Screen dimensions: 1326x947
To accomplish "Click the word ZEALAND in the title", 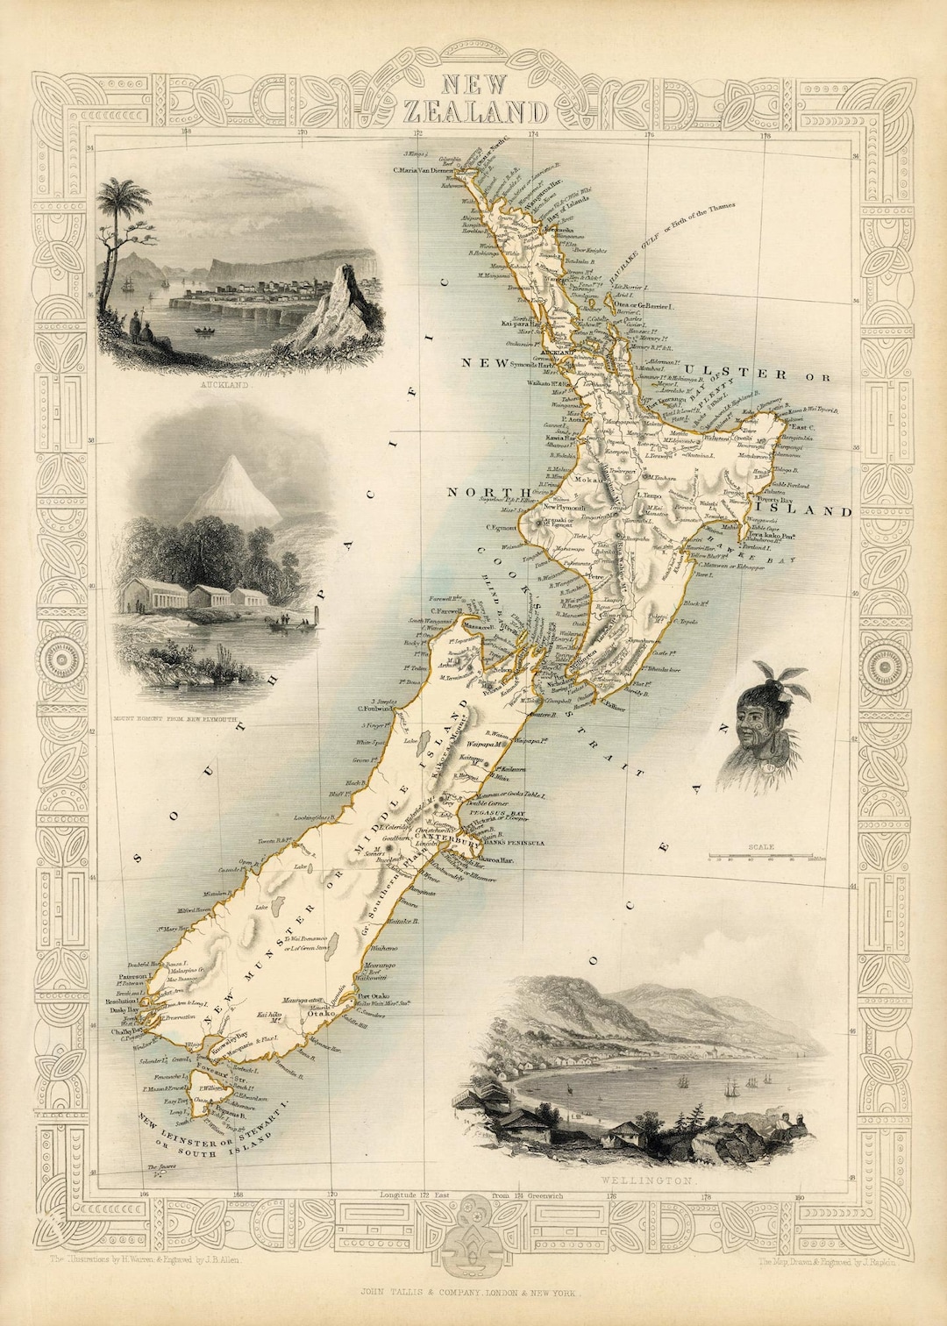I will [x=475, y=111].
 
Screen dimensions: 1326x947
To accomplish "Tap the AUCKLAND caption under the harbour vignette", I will [x=224, y=385].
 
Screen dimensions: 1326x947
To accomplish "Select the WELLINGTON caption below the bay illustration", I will [x=647, y=1181].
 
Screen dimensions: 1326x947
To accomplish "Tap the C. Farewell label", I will [x=446, y=611].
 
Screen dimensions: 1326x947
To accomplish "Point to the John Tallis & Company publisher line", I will [x=473, y=1293].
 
